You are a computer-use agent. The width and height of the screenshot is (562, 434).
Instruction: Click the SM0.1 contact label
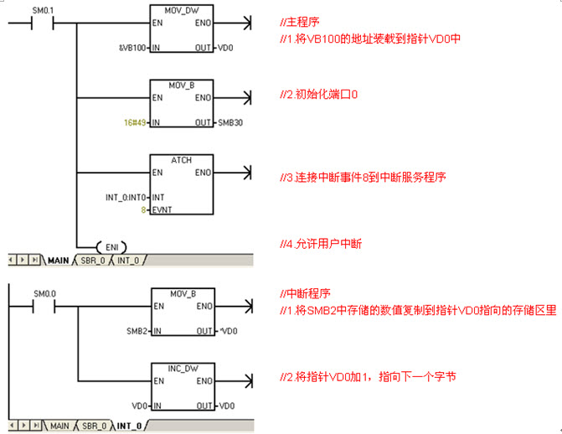tap(43, 10)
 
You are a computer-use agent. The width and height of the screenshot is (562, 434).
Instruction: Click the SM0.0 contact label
tap(44, 294)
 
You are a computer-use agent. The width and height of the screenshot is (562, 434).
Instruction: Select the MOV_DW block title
tap(182, 10)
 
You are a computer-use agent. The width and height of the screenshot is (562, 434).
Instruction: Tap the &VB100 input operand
tap(132, 48)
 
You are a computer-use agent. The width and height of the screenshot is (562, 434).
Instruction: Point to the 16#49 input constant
tap(135, 122)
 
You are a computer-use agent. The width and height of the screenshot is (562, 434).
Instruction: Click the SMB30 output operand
tap(230, 122)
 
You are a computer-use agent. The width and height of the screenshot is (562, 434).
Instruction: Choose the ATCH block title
tap(182, 160)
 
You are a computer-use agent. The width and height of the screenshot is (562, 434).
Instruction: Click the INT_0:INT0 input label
tap(126, 197)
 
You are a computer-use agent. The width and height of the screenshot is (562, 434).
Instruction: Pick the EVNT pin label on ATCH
tap(162, 209)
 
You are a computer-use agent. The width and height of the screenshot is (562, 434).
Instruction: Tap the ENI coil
tap(112, 247)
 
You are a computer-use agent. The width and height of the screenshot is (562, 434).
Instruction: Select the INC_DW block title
tap(183, 369)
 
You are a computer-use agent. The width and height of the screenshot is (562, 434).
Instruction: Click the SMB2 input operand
tap(137, 331)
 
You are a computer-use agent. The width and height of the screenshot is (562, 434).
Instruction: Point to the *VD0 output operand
tap(229, 331)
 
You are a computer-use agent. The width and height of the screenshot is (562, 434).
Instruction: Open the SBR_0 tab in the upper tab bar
tap(93, 261)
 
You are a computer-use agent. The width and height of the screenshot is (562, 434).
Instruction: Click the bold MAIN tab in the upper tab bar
tap(58, 261)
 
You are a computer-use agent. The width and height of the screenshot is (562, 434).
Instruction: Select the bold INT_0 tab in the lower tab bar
tap(129, 426)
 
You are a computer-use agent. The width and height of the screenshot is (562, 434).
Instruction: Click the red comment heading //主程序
tap(300, 22)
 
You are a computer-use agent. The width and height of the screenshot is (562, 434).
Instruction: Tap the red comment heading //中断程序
tap(305, 293)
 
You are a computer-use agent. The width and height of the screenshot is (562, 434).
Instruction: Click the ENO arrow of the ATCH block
tap(232, 173)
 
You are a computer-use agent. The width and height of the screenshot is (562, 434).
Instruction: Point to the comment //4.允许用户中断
tap(321, 244)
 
